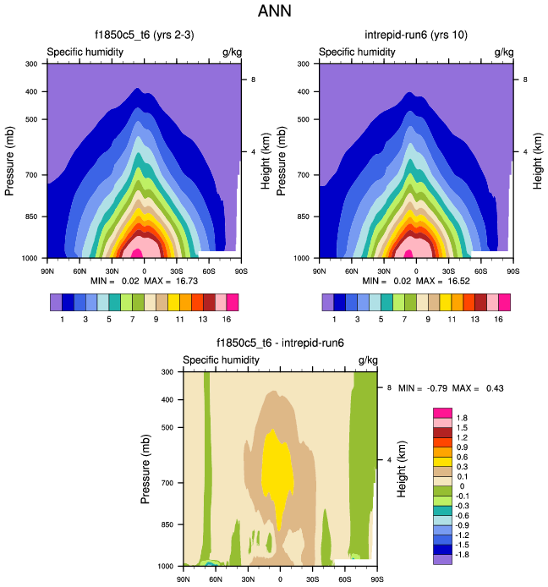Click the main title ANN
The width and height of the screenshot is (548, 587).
coord(274,14)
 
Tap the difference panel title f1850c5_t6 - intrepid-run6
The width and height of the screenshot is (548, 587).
coord(280,343)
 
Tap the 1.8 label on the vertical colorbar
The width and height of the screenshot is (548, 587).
coord(463,418)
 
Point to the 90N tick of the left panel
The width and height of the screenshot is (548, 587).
coord(47,271)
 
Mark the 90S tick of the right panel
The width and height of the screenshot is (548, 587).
coord(513,271)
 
